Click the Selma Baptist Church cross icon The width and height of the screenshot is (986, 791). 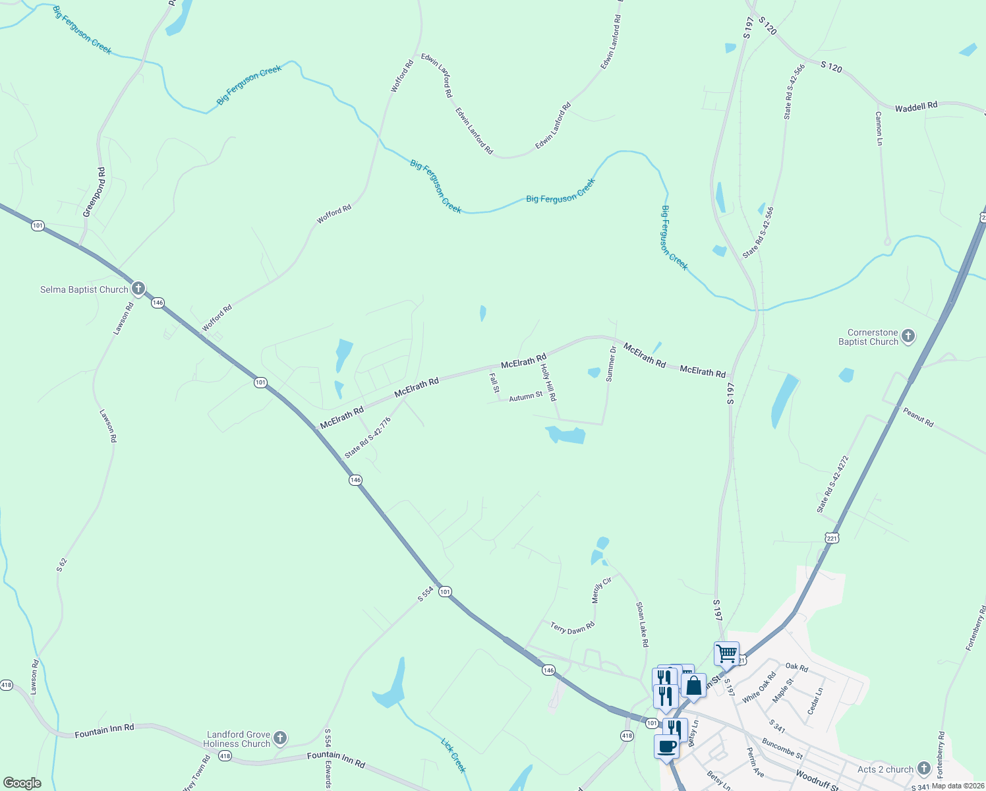pyautogui.click(x=138, y=288)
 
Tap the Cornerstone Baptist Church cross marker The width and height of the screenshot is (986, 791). pyautogui.click(x=908, y=336)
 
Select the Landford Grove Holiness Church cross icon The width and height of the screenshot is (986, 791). pyautogui.click(x=280, y=738)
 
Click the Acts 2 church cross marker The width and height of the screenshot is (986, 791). pyautogui.click(x=923, y=768)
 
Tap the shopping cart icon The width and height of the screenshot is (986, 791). pyautogui.click(x=726, y=653)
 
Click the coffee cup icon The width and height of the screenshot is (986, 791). pyautogui.click(x=666, y=746)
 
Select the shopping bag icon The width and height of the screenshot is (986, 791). pyautogui.click(x=694, y=686)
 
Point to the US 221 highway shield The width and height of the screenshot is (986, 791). pyautogui.click(x=832, y=538)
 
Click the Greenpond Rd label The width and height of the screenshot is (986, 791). pyautogui.click(x=94, y=192)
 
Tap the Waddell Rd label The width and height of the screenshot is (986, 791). pyautogui.click(x=915, y=107)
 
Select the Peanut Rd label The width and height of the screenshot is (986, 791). pyautogui.click(x=918, y=417)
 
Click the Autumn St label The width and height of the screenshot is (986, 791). pyautogui.click(x=525, y=396)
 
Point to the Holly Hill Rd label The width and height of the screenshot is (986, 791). pyautogui.click(x=548, y=382)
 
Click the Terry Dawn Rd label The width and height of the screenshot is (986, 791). pyautogui.click(x=573, y=628)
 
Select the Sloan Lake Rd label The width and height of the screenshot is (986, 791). pyautogui.click(x=643, y=624)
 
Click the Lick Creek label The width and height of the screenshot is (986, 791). pyautogui.click(x=453, y=755)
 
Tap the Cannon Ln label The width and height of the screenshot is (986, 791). pyautogui.click(x=879, y=128)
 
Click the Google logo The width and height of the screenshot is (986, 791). pyautogui.click(x=22, y=783)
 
